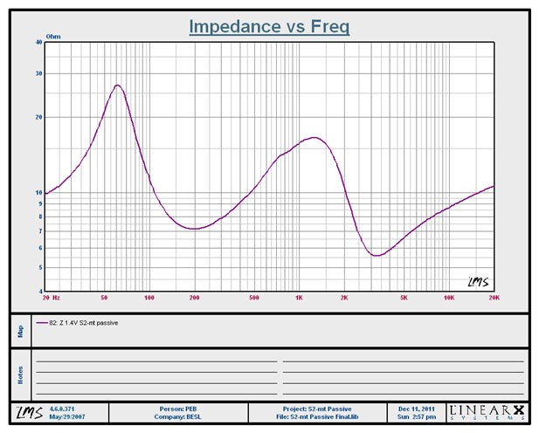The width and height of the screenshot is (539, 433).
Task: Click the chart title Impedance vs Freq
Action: (269, 27)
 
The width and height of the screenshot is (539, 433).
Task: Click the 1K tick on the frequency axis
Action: (299, 298)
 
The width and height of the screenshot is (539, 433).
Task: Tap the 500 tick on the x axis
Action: (254, 298)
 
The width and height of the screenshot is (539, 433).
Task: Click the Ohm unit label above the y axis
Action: (53, 37)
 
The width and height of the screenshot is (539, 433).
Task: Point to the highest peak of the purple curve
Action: (118, 86)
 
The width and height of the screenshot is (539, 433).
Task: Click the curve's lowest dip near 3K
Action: (376, 256)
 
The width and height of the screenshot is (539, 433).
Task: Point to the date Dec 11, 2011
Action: (416, 408)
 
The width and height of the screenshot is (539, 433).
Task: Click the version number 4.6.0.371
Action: (63, 408)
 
